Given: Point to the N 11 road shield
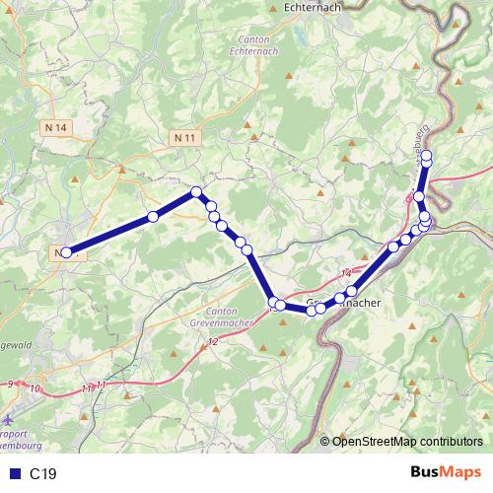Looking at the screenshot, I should pos(183,138).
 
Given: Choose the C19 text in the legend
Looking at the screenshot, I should pos(43,474).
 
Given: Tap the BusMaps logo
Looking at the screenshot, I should pos(445,473).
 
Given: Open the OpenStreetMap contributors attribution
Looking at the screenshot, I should pos(409,441).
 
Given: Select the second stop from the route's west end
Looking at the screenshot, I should pos(153,217).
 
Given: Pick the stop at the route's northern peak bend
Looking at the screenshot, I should pos(196,192).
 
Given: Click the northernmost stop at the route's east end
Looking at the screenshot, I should pos(427,141).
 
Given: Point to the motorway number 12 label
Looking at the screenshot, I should pos(213,341).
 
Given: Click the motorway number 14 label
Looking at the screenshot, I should pos(346,273).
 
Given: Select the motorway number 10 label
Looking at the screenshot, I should pos(36,389).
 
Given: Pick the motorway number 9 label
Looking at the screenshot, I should pos(10,384).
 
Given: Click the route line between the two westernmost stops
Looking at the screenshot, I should pos(109,235).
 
